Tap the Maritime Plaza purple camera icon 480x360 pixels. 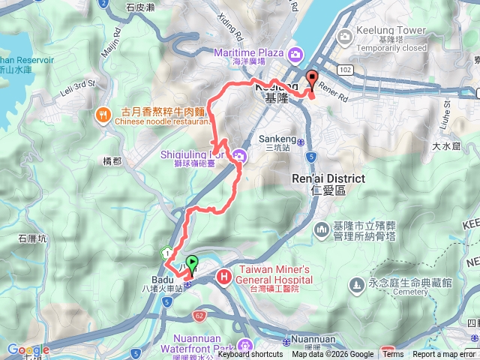click(295, 54)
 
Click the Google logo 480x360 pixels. click(27, 349)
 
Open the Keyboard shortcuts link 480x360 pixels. click(250, 355)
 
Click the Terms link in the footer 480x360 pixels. click(393, 355)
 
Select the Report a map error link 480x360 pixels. click(444, 355)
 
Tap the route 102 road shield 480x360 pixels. click(345, 70)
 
